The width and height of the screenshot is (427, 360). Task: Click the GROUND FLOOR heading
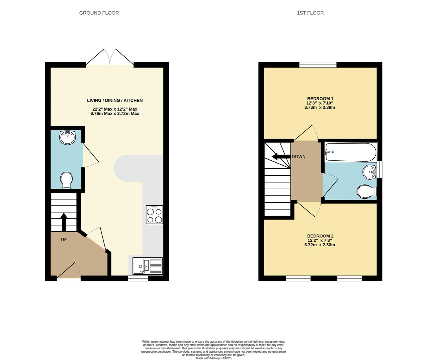(99, 13)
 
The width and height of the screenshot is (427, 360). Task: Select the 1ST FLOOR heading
(310, 13)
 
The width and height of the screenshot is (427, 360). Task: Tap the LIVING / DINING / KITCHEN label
(115, 100)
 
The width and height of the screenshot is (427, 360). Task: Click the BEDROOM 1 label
(320, 99)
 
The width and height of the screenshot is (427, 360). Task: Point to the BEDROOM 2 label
(320, 236)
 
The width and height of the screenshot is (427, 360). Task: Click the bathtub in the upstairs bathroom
(350, 152)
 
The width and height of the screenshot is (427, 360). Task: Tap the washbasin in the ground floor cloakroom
(67, 137)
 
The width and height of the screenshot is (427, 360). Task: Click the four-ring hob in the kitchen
(154, 215)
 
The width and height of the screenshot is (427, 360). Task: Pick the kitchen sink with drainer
(148, 266)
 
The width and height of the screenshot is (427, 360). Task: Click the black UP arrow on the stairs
(63, 222)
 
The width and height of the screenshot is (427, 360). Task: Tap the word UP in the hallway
(64, 240)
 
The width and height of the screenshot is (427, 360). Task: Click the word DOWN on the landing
(299, 157)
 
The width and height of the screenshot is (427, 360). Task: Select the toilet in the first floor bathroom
(366, 192)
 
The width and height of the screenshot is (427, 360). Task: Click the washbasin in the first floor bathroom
(370, 172)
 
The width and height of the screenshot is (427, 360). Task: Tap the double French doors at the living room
(110, 57)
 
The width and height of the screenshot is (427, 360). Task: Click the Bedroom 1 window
(318, 65)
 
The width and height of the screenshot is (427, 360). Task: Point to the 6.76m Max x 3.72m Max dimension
(115, 114)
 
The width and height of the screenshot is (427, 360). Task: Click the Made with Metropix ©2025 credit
(213, 358)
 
